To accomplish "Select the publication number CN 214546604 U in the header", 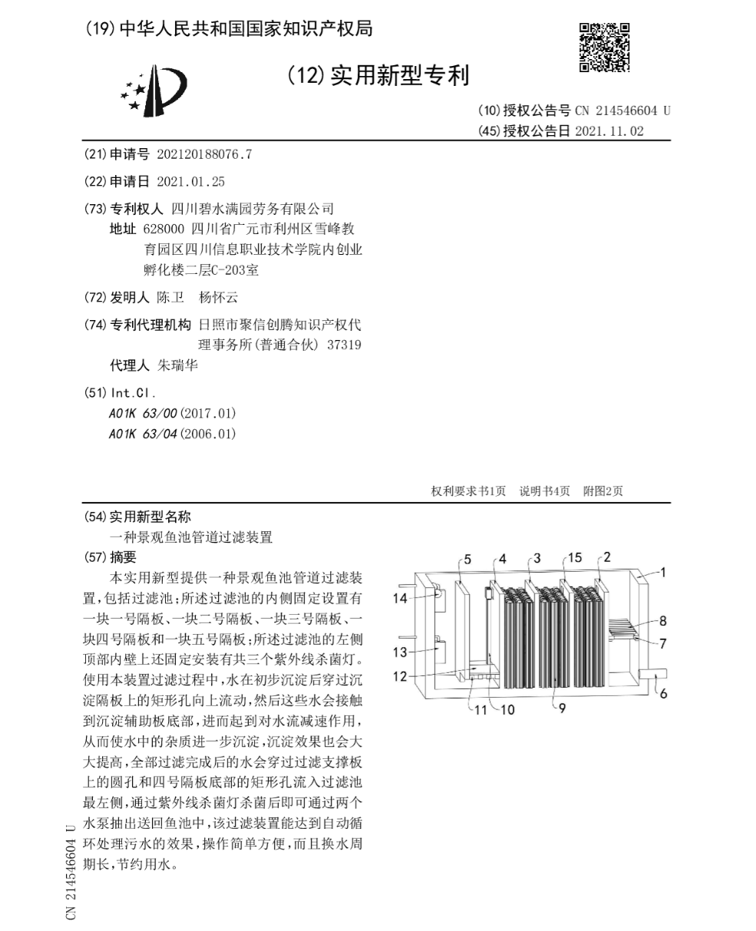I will (x=622, y=111).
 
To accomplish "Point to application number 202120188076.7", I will (x=203, y=154).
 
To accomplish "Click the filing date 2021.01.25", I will (x=190, y=182).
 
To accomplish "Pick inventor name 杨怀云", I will (x=218, y=298).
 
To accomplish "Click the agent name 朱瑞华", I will (x=177, y=365).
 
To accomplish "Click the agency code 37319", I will (x=344, y=345).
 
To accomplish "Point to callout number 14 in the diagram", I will (x=400, y=599).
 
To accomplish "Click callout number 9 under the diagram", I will (x=562, y=708).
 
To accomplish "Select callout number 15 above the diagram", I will (x=575, y=557).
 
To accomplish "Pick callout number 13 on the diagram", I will (x=400, y=652).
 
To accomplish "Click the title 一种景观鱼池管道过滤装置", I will (x=191, y=537).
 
